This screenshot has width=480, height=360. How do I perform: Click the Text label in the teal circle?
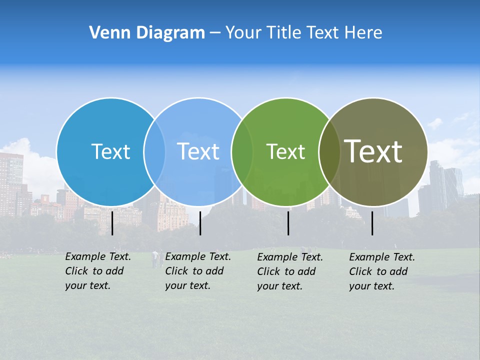point(110,151)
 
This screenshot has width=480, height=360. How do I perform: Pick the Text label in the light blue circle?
point(198,151)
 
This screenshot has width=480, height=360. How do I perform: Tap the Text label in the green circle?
point(285,151)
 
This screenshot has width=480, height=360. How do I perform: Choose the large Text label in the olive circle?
point(373,151)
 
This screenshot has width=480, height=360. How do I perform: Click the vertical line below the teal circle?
point(112,223)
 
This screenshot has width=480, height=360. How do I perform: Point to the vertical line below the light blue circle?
point(200,223)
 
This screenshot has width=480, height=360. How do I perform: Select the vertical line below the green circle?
point(288,223)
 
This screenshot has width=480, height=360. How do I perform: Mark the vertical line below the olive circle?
point(372,223)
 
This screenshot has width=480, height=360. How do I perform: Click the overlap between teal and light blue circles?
point(155,152)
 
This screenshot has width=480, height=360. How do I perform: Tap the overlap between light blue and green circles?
point(242,152)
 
